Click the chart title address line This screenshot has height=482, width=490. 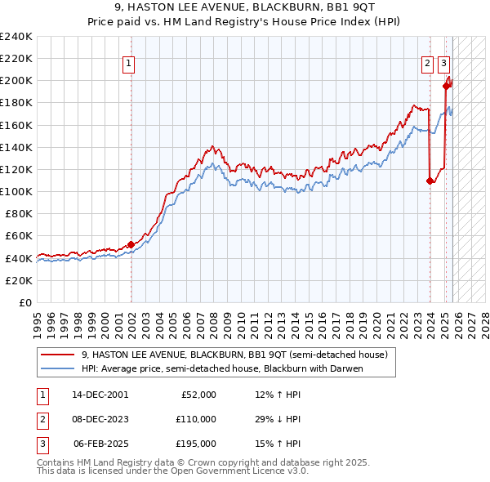[245, 7]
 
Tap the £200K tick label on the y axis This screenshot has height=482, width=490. [16, 81]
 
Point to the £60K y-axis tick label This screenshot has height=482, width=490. [19, 236]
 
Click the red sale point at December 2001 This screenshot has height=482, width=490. [131, 244]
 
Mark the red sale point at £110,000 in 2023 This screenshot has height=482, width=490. [430, 181]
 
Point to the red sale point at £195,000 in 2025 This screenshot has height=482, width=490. [446, 86]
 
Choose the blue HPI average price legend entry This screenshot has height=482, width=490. [221, 368]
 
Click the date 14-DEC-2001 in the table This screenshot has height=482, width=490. [100, 395]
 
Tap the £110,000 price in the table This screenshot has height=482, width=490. [196, 419]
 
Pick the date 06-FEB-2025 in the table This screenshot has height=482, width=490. [100, 444]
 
